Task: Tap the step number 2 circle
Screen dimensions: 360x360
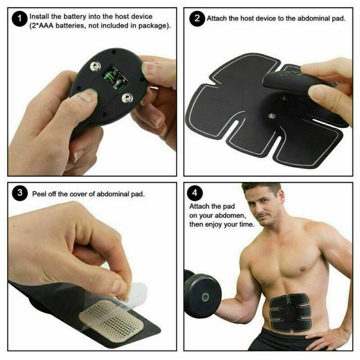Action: point(196,19)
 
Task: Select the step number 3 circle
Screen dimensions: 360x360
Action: point(19,194)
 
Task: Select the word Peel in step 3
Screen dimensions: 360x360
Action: point(40,194)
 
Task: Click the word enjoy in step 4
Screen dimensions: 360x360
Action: point(218,224)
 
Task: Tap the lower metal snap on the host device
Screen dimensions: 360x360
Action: point(126,97)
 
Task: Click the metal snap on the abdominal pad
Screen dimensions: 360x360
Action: point(272,115)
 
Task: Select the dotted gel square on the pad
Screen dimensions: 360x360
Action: point(112,318)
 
